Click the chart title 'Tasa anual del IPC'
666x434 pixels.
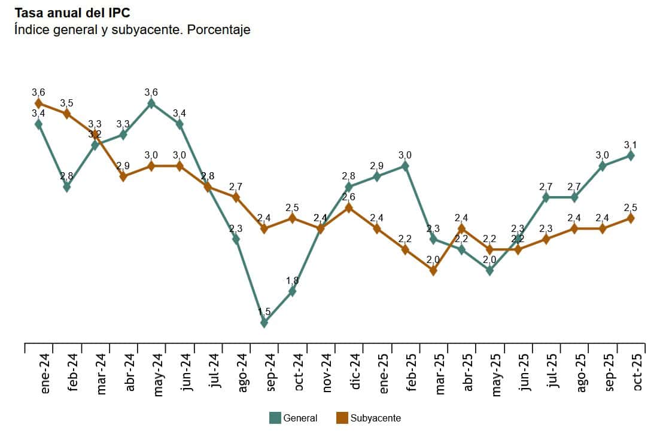tap(72, 13)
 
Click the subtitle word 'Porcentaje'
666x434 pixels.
tap(218, 30)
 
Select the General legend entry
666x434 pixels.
tap(293, 418)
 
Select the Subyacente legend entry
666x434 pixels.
tap(368, 418)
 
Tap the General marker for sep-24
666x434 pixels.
tap(264, 323)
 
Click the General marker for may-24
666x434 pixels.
tap(151, 103)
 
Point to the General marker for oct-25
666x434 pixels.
tap(630, 155)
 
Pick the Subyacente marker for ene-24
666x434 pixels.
tap(39, 103)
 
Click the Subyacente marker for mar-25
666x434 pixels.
tap(433, 270)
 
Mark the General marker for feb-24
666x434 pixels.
tap(67, 187)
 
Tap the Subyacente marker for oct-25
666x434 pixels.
tap(630, 218)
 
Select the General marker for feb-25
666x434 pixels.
tap(405, 166)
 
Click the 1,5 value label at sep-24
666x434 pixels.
tap(264, 311)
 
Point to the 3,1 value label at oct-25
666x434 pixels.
tap(630, 145)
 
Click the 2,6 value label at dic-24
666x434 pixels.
tap(349, 197)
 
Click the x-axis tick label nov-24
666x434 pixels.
tap(327, 372)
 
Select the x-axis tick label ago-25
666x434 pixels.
tap(580, 372)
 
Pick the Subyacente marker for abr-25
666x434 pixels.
tap(461, 228)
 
